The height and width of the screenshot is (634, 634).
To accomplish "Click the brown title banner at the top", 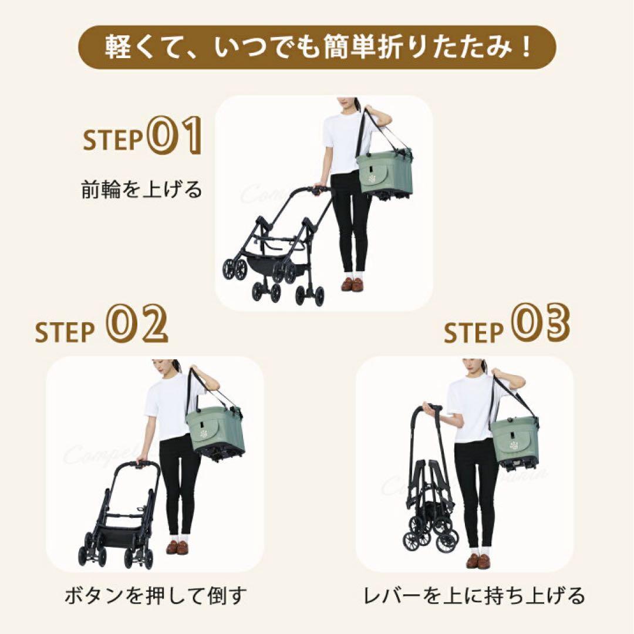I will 317,48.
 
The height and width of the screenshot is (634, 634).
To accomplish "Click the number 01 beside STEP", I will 174,136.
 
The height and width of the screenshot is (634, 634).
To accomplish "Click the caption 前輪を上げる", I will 141,190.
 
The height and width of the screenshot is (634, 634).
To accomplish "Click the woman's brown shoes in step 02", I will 177,547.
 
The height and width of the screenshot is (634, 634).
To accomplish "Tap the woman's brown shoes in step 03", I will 478,561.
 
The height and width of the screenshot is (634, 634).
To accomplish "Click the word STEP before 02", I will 64,332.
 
